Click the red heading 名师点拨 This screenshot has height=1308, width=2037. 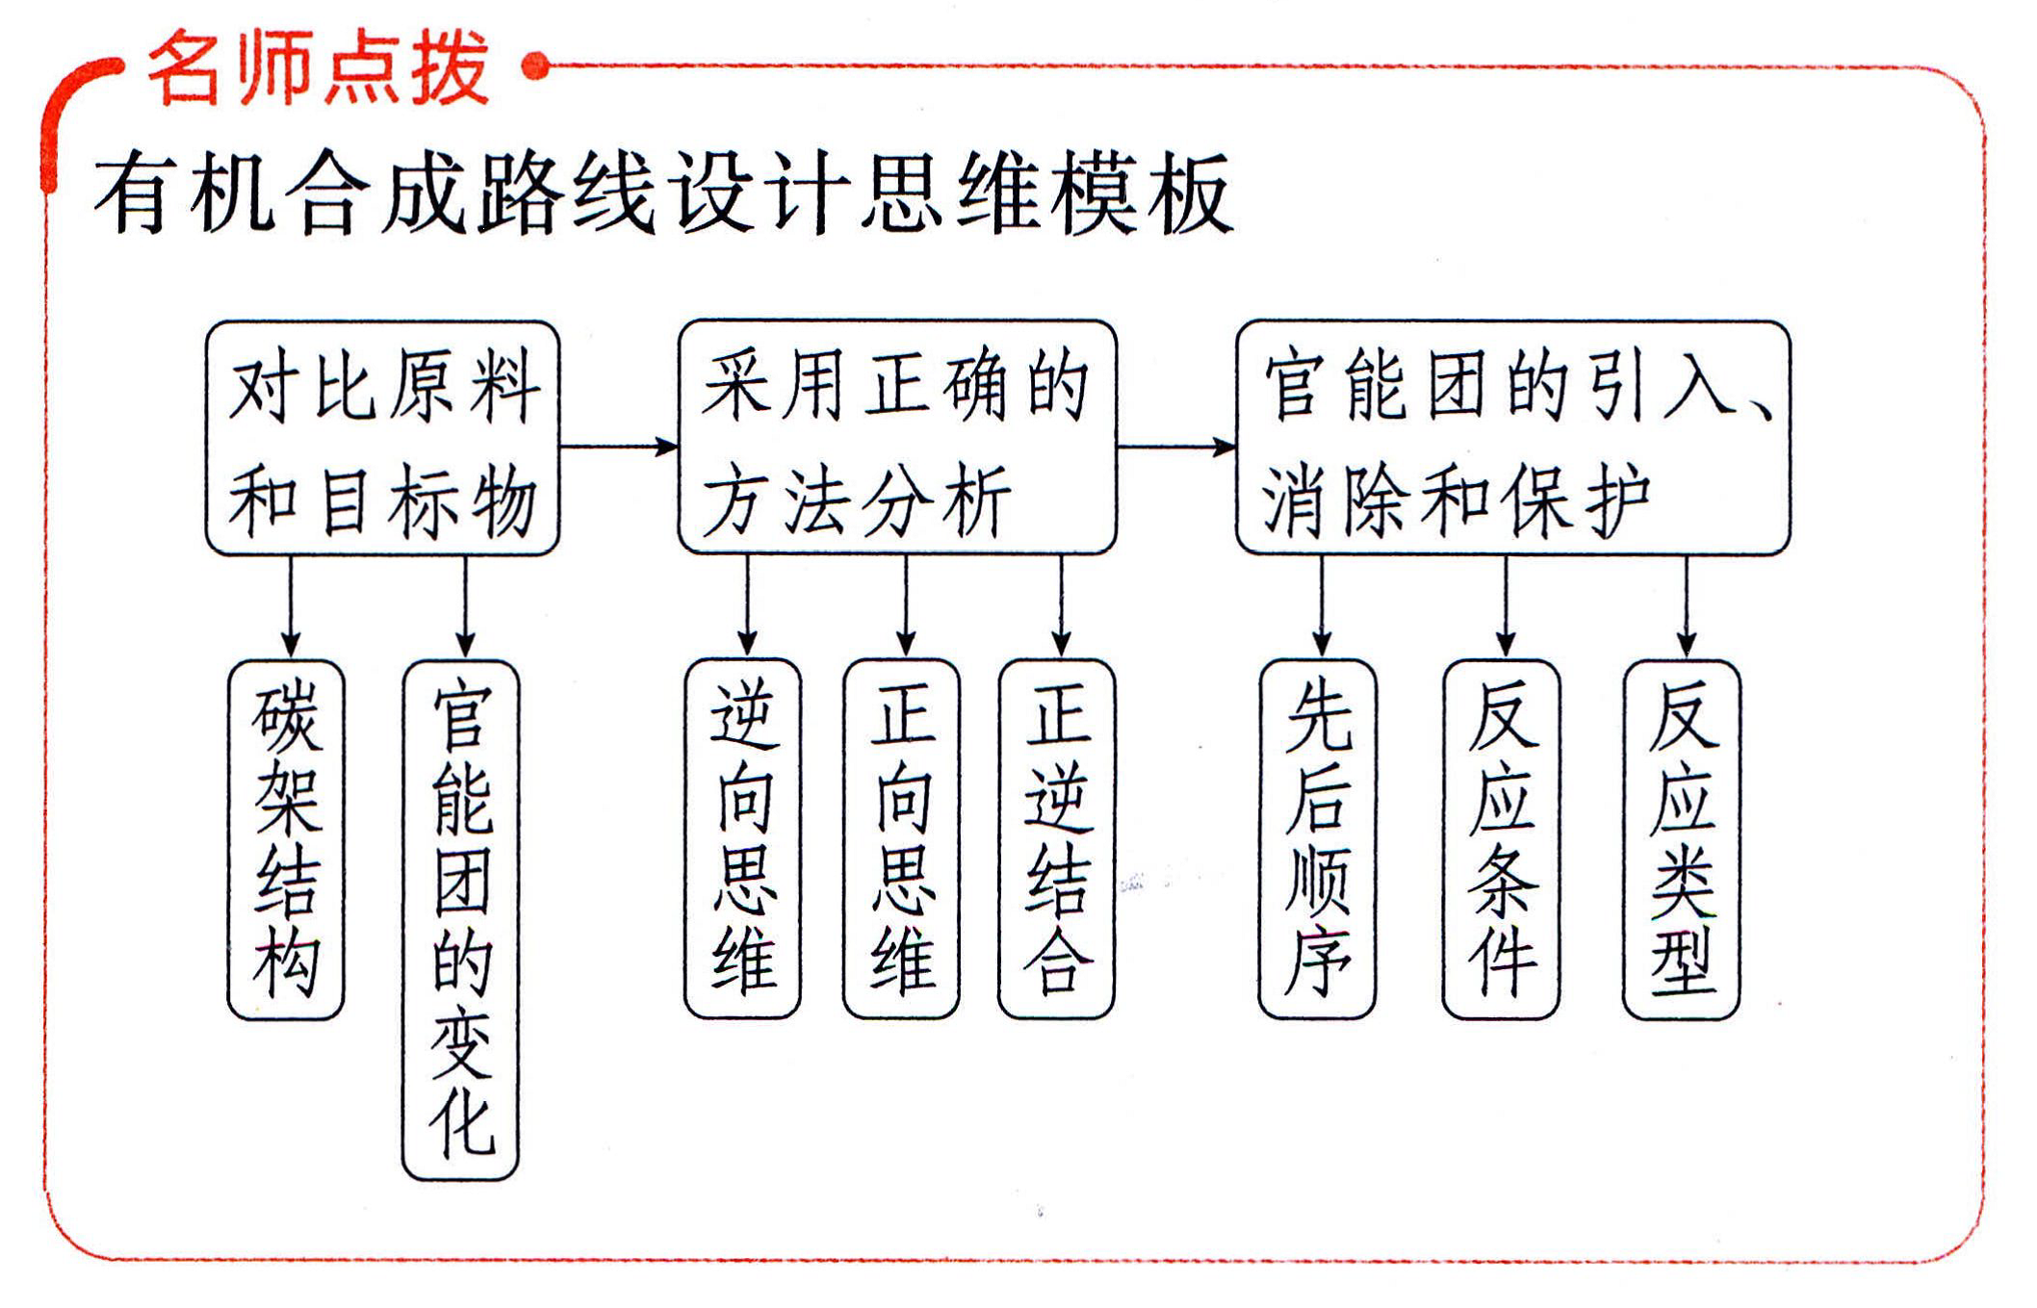pos(319,66)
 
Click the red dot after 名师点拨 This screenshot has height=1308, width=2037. pos(535,65)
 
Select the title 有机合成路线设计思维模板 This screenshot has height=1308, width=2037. pos(663,192)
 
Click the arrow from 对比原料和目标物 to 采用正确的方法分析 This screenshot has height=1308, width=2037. pos(619,447)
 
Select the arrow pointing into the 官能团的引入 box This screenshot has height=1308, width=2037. pos(1176,447)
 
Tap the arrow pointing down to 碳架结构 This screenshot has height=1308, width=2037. pos(291,607)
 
